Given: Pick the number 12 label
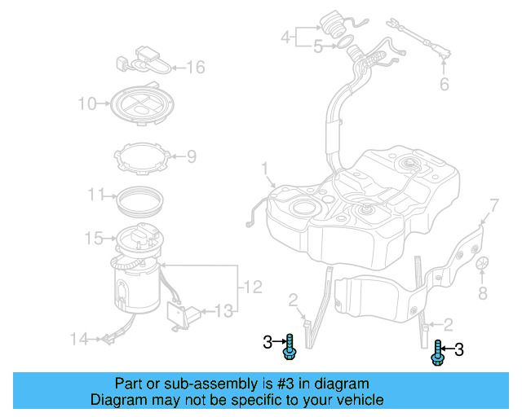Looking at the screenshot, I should (253, 287).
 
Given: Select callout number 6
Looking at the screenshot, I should (445, 84).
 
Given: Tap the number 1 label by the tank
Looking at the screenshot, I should (265, 169).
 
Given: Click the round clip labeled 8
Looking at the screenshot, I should (482, 263).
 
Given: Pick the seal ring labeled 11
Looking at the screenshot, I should (139, 196).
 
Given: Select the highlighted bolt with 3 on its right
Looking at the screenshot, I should (437, 352).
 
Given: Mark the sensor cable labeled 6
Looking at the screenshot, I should (420, 37).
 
